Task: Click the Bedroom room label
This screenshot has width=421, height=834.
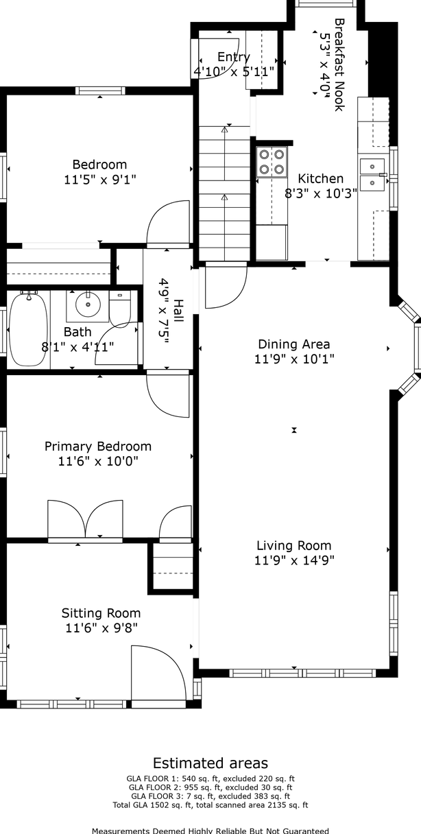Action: pyautogui.click(x=99, y=164)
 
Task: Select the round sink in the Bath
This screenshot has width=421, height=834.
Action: pyautogui.click(x=88, y=305)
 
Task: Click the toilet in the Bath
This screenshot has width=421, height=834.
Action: pyautogui.click(x=120, y=309)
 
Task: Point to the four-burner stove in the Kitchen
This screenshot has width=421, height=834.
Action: pyautogui.click(x=272, y=162)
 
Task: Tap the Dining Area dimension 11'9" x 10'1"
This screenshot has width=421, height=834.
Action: pyautogui.click(x=294, y=359)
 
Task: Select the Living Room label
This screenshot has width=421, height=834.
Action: pyautogui.click(x=293, y=545)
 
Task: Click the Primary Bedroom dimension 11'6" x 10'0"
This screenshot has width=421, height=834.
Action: pyautogui.click(x=98, y=462)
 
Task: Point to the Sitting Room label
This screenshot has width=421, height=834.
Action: pyautogui.click(x=101, y=613)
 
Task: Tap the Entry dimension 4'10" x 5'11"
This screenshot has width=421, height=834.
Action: pyautogui.click(x=234, y=71)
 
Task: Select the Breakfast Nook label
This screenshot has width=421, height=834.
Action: pyautogui.click(x=339, y=64)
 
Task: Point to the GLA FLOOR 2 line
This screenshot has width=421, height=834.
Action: pyautogui.click(x=210, y=787)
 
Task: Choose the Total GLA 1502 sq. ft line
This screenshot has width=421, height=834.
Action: pyautogui.click(x=210, y=805)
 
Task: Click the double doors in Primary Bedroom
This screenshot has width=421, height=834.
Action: pyautogui.click(x=85, y=519)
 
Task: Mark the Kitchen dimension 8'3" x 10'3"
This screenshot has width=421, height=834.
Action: pyautogui.click(x=320, y=193)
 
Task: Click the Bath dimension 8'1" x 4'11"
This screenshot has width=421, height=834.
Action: pyautogui.click(x=77, y=347)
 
